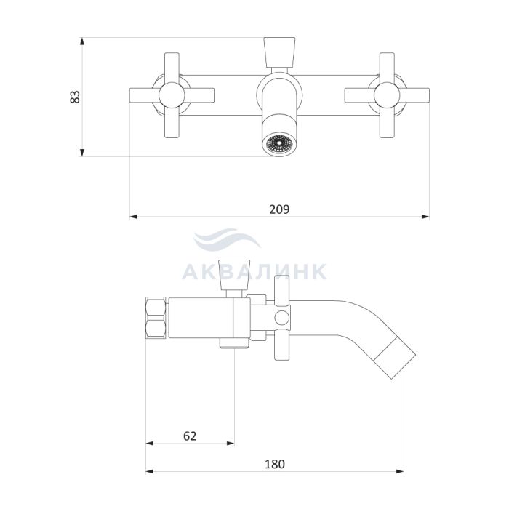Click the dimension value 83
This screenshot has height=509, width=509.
[x=75, y=97]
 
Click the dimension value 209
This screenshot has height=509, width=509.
[x=279, y=209]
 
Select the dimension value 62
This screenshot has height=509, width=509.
[x=190, y=436]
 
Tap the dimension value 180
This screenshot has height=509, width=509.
[x=275, y=464]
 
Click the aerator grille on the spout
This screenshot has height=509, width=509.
[x=278, y=144]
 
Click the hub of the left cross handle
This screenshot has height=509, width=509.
[x=172, y=95]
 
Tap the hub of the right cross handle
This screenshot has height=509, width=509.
[x=387, y=95]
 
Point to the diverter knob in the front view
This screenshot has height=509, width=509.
[x=279, y=52]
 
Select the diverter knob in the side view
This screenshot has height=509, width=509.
[x=234, y=275]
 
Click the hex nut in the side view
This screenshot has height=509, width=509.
[x=156, y=318]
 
